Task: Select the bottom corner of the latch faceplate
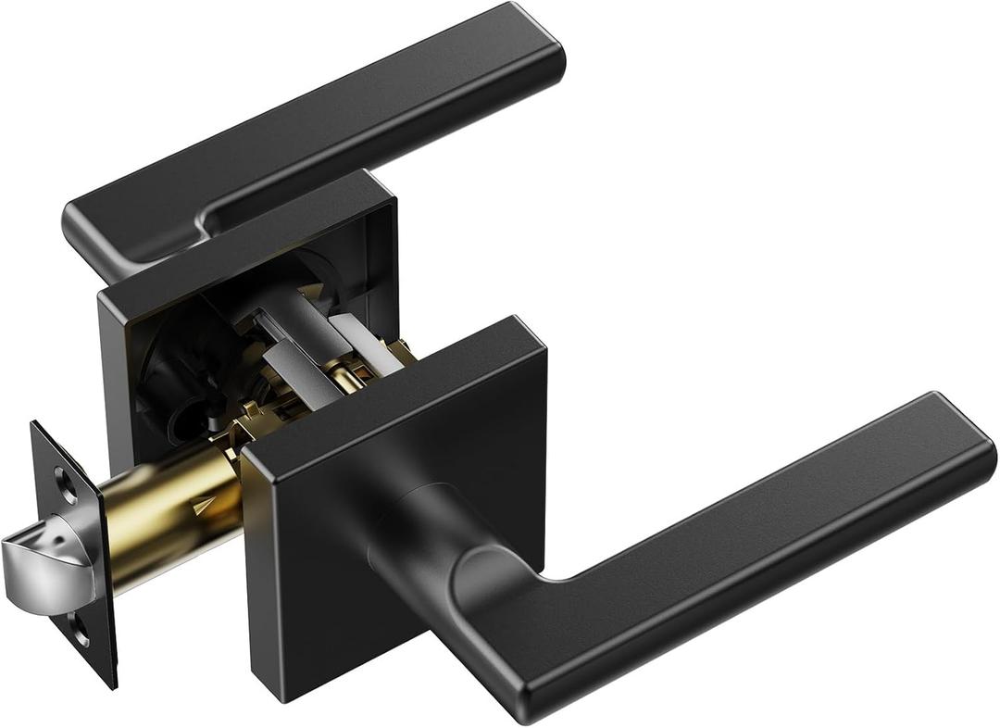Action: [111, 685]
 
